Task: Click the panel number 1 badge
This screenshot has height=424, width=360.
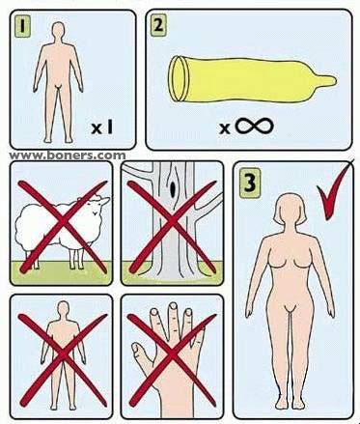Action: coord(22,25)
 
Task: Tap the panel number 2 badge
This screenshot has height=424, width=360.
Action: coord(158,25)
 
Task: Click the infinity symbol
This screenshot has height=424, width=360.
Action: coord(255,126)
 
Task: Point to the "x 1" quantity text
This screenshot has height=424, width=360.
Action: coord(102,127)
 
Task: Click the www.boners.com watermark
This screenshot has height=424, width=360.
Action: coord(68,155)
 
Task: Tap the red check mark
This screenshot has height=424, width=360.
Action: coord(334,193)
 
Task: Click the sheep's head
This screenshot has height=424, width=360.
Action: coord(98,207)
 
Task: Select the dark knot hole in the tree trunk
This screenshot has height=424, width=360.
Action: coord(173,187)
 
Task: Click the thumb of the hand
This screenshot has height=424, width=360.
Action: coord(140,354)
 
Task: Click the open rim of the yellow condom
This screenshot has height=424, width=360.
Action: coord(178,78)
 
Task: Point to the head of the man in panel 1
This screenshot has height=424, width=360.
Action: coord(58,31)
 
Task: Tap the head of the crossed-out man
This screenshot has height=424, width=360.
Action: coord(64,310)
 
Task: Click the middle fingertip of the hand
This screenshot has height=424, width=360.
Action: coord(173,307)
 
